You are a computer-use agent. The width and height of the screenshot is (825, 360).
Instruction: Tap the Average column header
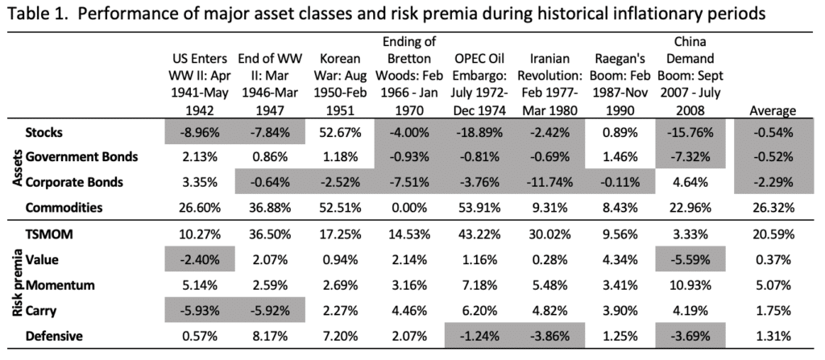tap(772, 111)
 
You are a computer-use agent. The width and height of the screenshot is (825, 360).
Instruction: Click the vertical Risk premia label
tap(14, 284)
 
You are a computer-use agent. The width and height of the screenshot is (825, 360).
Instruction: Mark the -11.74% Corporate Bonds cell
tap(553, 181)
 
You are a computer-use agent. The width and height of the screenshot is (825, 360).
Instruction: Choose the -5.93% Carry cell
tap(196, 310)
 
